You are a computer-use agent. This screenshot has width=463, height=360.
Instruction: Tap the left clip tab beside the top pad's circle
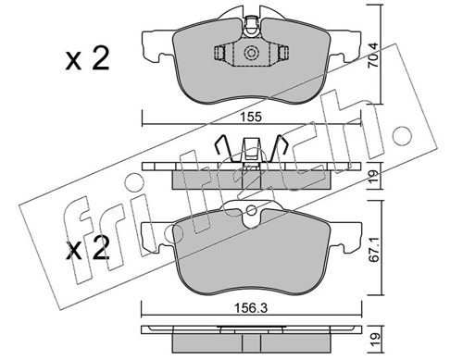[221, 54]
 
